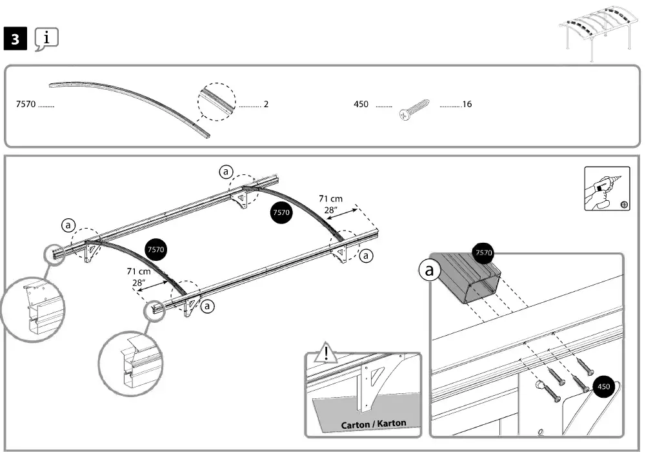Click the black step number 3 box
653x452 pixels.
(x=15, y=39)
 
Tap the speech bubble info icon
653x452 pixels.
(x=46, y=39)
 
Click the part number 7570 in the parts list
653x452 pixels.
(x=25, y=104)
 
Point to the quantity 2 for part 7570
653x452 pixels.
(x=266, y=104)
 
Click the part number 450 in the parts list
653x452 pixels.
(x=361, y=104)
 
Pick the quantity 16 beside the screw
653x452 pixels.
(x=467, y=104)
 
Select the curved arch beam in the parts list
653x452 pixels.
(x=129, y=103)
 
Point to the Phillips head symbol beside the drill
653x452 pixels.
(x=624, y=205)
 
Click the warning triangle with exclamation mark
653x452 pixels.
(x=327, y=353)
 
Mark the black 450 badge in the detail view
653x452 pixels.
(x=604, y=387)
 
